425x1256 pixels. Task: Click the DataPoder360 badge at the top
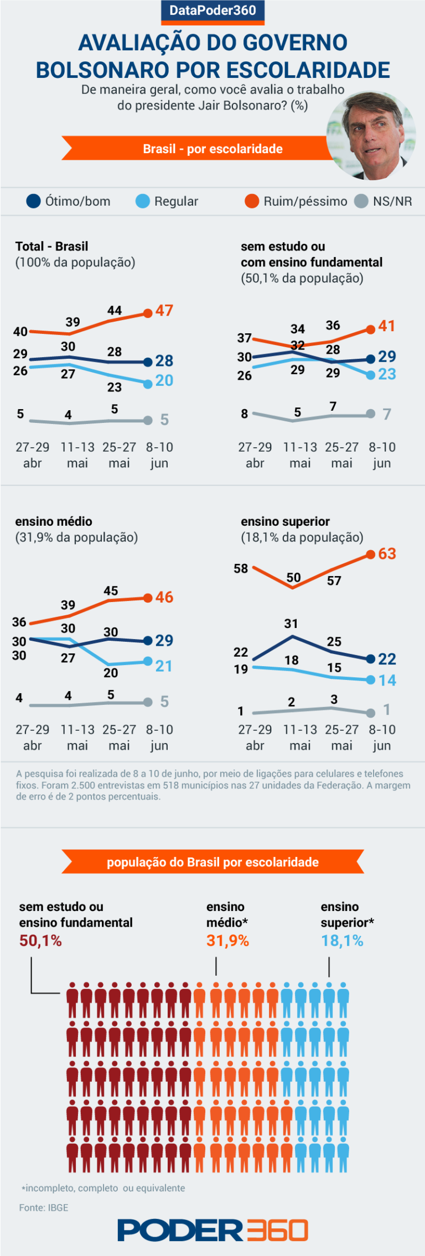pos(212,11)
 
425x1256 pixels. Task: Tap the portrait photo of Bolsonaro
pos(371,136)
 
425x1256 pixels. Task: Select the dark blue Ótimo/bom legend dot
pos(34,201)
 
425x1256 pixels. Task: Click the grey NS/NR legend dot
pos(361,201)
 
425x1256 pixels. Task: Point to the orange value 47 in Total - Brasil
pos(164,311)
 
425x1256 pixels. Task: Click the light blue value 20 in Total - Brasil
pos(164,381)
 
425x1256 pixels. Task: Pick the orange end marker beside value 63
pos(371,554)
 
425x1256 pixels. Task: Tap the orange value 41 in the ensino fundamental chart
pos(387,326)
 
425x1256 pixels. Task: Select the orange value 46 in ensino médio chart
pos(164,598)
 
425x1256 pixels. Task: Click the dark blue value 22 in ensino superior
pos(387,659)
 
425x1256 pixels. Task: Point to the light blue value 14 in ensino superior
pos(387,681)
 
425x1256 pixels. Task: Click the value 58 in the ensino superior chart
pos(241,568)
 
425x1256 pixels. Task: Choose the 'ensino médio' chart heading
pos(54,521)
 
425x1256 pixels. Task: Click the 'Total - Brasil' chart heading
pos(51,247)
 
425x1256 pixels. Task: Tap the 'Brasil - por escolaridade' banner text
pos(212,149)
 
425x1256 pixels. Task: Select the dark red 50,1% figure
pos(40,941)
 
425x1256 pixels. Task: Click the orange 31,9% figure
pos(227,941)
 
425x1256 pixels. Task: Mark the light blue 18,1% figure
pos(342,941)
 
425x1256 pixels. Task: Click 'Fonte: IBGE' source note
pos(44,1208)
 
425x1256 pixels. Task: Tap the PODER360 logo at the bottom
pos(212,1231)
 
